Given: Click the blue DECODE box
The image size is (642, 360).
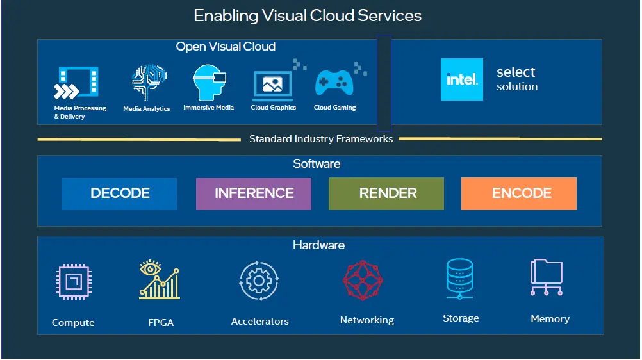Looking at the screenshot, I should click(x=119, y=193).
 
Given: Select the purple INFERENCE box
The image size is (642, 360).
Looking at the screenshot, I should click(x=254, y=193).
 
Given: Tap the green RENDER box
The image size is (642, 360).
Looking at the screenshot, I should click(x=386, y=193).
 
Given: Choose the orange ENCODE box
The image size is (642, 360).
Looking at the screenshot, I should click(x=519, y=193).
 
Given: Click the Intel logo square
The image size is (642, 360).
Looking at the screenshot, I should click(x=462, y=79).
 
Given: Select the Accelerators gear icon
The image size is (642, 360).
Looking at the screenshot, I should click(x=259, y=281).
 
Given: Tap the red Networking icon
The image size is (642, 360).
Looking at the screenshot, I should click(x=363, y=281).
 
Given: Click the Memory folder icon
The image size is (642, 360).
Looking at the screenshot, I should click(x=547, y=277).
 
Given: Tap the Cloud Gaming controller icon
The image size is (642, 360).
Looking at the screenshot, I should click(x=334, y=84).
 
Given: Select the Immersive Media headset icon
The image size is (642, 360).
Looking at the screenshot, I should click(x=210, y=83).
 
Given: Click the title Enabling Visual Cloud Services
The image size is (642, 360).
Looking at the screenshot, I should click(x=308, y=16).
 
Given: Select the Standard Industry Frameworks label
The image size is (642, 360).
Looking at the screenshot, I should click(x=321, y=139).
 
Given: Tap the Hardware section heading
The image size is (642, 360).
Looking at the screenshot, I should click(x=318, y=245).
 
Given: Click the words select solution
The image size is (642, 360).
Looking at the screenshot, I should click(x=516, y=79).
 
